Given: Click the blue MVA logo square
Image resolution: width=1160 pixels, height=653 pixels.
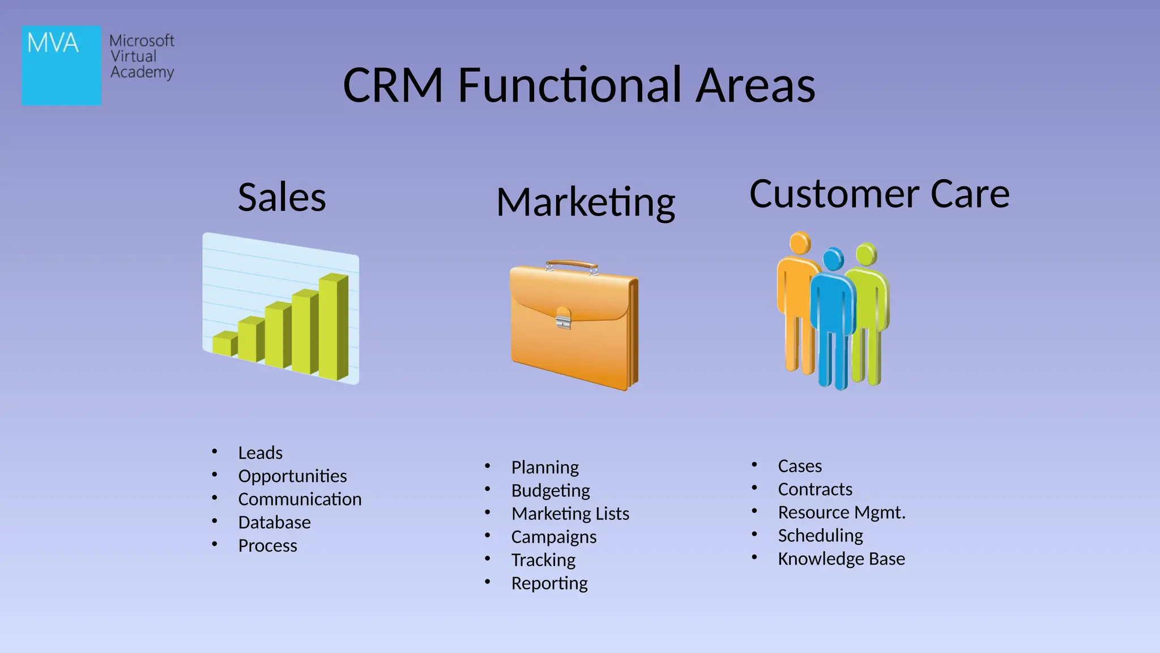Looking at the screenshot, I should (61, 65).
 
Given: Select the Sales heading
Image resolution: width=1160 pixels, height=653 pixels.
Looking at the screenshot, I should (282, 197).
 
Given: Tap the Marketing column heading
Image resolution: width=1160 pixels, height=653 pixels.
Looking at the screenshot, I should (586, 202).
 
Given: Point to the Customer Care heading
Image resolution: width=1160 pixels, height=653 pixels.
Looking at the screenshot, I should (879, 194).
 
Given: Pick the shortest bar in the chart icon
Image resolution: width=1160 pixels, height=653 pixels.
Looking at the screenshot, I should (224, 344).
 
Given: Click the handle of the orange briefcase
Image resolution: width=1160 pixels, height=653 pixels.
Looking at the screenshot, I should (571, 265).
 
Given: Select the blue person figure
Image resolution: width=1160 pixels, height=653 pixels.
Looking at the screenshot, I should (833, 317).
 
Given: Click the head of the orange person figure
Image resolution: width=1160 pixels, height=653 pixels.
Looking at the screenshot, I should (800, 243).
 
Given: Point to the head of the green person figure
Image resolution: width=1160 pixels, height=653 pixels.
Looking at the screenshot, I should (866, 253).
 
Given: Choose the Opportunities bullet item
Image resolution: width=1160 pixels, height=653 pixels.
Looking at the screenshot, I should (292, 476).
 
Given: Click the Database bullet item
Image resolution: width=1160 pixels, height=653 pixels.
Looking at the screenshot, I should (274, 523).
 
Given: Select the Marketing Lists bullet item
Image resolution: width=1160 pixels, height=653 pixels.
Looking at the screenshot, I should (570, 514).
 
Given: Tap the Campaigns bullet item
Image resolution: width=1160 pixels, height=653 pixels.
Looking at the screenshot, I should (553, 537).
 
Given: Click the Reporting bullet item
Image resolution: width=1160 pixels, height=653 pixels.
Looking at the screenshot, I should (549, 584).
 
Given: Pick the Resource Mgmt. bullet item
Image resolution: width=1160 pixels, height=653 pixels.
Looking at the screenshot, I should (841, 513).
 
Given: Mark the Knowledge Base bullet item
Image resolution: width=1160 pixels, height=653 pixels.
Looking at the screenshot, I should (841, 559).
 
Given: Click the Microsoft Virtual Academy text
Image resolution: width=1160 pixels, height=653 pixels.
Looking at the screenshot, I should (142, 57).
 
